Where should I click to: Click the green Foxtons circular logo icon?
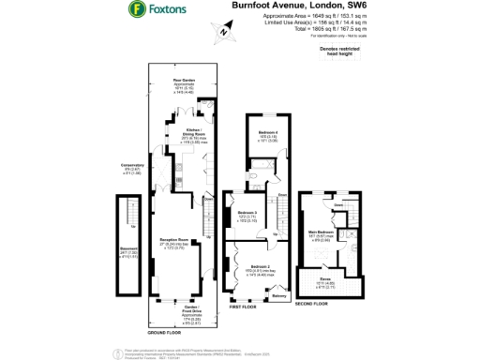click(x=136, y=10)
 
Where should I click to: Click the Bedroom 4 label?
click(x=268, y=135)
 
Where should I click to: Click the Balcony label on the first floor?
click(x=278, y=297)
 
